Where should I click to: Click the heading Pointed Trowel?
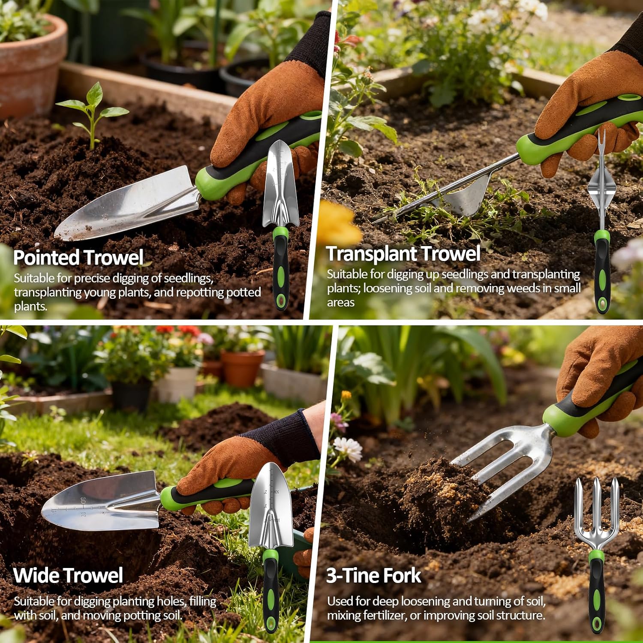[x=78, y=258]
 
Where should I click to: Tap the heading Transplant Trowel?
[x=403, y=253]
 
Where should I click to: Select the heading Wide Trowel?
[x=68, y=575]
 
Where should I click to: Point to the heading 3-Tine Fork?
[x=374, y=575]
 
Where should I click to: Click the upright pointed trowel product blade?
[x=281, y=183]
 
